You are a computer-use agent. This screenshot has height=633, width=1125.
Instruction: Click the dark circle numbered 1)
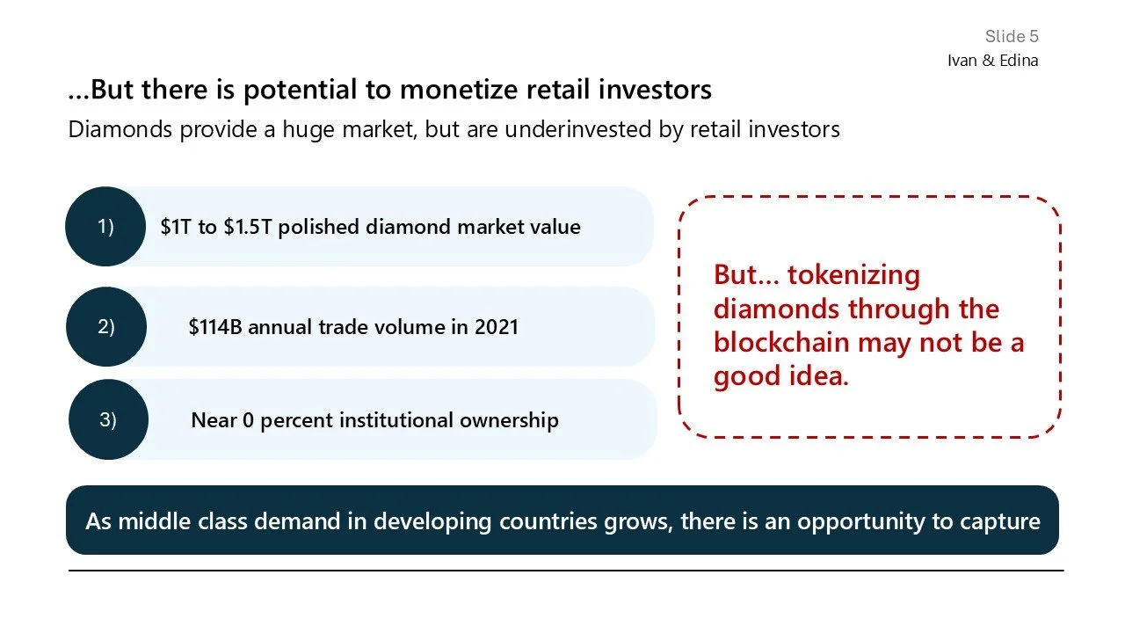pos(105,227)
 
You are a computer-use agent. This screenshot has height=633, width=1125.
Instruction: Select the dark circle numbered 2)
pos(105,327)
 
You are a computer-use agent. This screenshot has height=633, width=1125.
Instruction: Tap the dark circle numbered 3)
pos(108,420)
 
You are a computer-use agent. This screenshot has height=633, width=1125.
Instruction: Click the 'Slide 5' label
pos(1011,36)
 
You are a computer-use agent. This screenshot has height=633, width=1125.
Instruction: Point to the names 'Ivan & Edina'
pos(992,61)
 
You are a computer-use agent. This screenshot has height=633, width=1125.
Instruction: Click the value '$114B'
pos(215,327)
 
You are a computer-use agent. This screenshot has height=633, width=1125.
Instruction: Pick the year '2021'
pos(497,327)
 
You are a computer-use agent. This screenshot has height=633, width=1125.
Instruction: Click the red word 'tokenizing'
pos(853,274)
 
